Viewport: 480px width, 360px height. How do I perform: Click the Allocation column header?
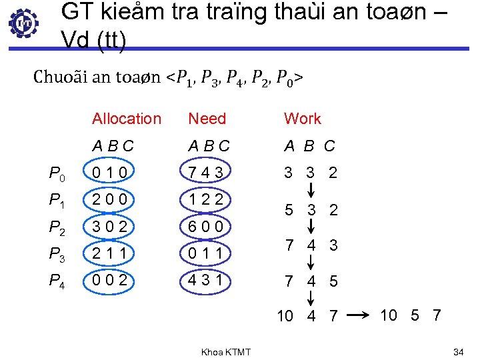pyautogui.click(x=127, y=119)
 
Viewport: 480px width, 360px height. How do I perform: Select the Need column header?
pyautogui.click(x=207, y=119)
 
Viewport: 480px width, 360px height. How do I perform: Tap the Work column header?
pyautogui.click(x=303, y=119)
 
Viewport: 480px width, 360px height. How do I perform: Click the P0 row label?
pyautogui.click(x=57, y=174)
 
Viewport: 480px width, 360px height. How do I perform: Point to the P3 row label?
pyautogui.click(x=57, y=254)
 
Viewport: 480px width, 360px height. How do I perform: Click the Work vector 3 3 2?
pyautogui.click(x=311, y=173)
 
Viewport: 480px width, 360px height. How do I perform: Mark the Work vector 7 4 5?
pyautogui.click(x=311, y=281)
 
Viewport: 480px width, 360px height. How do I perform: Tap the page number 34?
pyautogui.click(x=458, y=351)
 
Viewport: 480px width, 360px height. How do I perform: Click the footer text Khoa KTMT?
pyautogui.click(x=226, y=351)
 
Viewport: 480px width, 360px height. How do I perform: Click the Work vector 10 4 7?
pyautogui.click(x=307, y=316)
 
